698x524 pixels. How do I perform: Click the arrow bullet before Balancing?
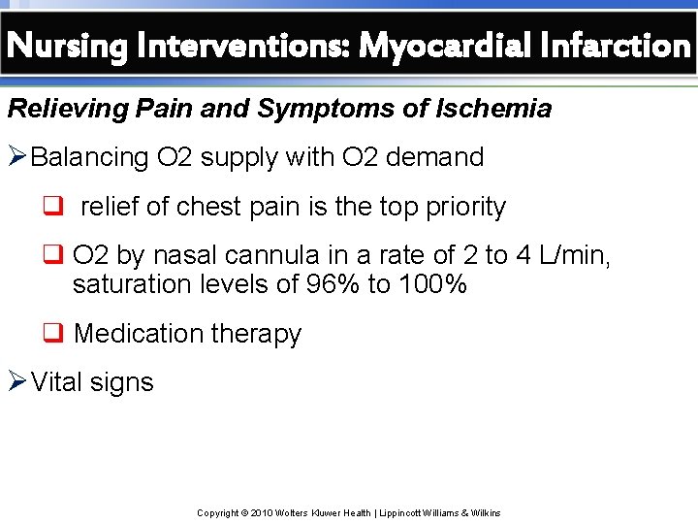[x=17, y=157]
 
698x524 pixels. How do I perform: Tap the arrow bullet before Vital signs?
[x=17, y=381]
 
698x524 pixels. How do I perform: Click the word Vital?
[x=56, y=381]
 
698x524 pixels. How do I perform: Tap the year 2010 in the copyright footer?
[x=262, y=512]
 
